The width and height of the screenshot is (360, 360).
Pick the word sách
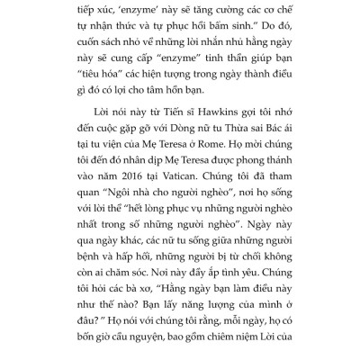(x=110, y=43)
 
